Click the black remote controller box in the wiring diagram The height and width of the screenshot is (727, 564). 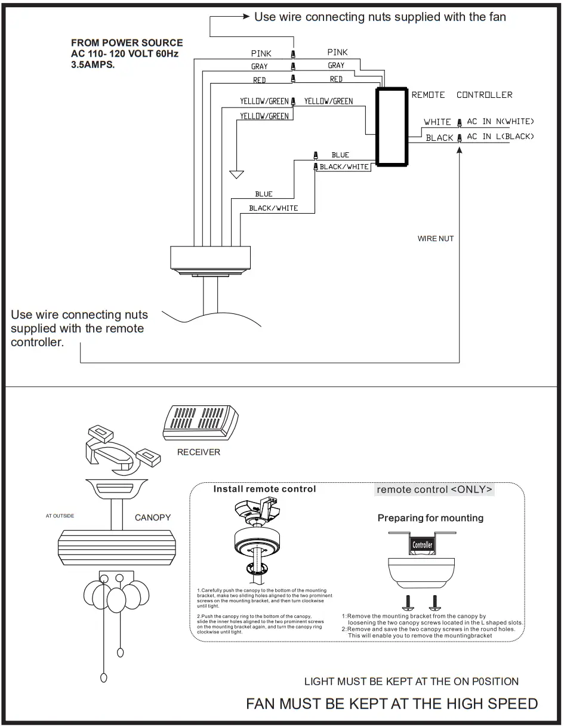(392, 127)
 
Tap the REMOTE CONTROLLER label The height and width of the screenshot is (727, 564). (461, 95)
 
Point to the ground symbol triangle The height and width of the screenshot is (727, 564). (237, 174)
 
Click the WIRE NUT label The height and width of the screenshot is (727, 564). (436, 239)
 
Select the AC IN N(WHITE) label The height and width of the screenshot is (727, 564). (500, 122)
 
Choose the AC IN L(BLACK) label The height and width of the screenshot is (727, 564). (500, 137)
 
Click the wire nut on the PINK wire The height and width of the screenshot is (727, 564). (292, 54)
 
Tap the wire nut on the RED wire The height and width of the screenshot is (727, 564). (292, 79)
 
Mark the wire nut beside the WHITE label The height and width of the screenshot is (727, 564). (459, 123)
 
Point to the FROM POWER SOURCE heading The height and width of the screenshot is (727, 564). (127, 43)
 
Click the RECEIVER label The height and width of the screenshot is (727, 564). (199, 452)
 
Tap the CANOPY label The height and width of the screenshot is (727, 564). (153, 517)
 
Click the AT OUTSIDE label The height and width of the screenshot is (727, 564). (60, 516)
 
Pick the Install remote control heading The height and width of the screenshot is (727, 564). (264, 489)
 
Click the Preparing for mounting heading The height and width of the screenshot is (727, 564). (430, 518)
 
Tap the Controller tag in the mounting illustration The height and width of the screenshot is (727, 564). (423, 544)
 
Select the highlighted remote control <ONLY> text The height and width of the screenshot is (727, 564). (434, 489)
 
